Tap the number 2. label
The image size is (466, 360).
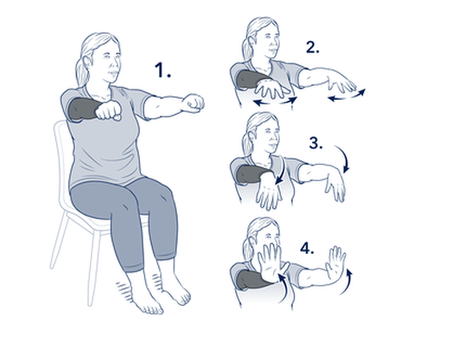click(x=313, y=47)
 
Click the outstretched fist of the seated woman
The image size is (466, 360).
click(x=193, y=103)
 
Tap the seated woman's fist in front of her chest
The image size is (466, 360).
click(x=108, y=110)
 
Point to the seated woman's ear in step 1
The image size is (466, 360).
click(x=88, y=61)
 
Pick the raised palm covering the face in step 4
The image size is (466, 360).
click(x=271, y=262)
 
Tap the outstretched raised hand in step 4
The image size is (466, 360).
click(x=336, y=263)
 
